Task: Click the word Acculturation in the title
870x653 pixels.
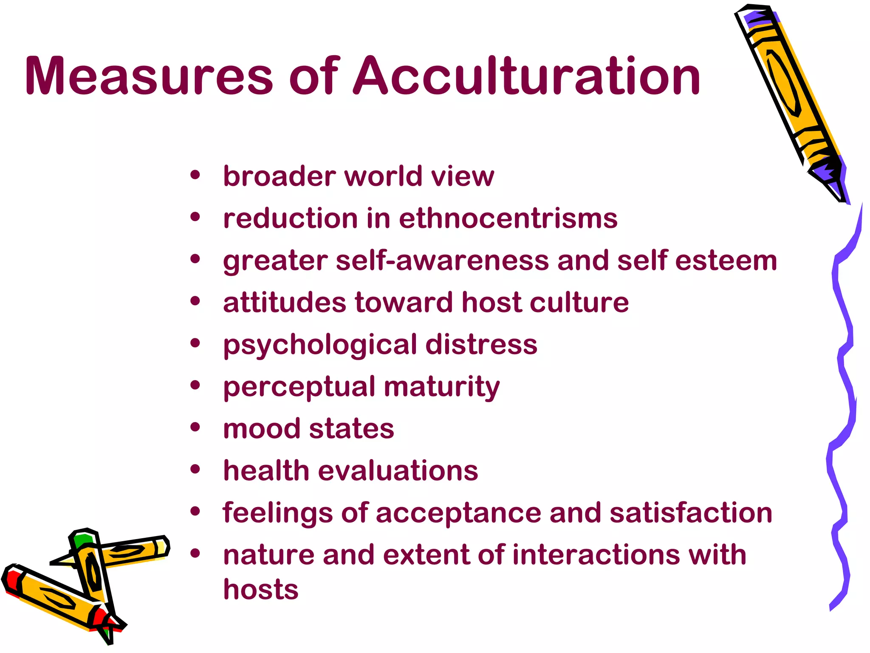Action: [527, 77]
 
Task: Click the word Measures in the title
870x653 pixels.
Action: [149, 77]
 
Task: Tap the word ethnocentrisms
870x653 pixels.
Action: [508, 219]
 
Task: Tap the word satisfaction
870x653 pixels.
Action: [691, 513]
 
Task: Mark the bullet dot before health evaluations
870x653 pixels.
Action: [195, 469]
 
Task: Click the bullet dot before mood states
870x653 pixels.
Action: [195, 427]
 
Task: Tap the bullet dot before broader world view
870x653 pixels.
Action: [195, 175]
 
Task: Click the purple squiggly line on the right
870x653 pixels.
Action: [843, 383]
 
